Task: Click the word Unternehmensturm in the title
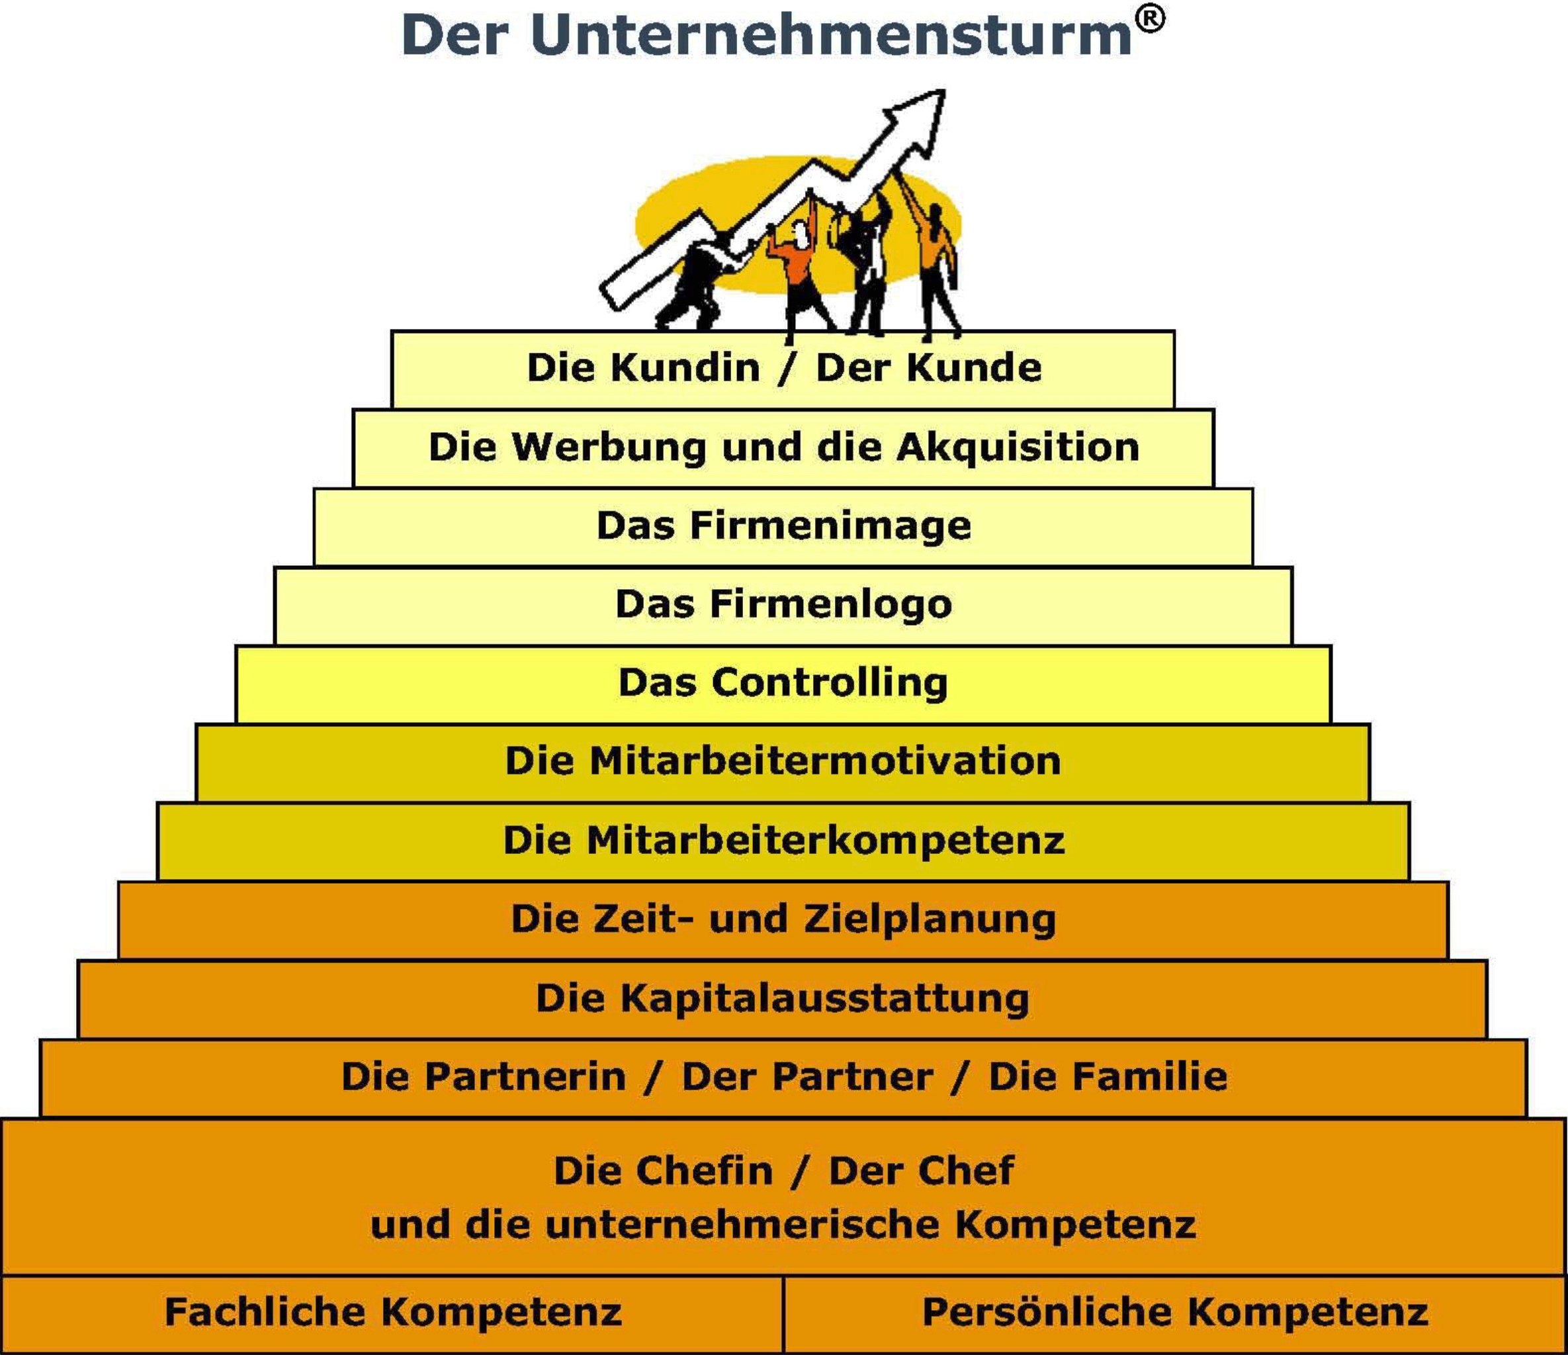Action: coord(831,35)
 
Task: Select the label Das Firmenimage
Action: coord(783,526)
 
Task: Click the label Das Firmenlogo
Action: coord(783,605)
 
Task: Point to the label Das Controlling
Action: coord(783,683)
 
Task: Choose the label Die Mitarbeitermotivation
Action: coord(783,761)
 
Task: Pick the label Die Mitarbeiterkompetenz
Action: coord(784,840)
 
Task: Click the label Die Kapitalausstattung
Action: coord(783,998)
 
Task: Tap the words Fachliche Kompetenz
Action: coord(394,1312)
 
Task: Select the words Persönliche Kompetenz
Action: coord(1175,1312)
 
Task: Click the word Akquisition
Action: coord(1018,447)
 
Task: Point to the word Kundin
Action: coord(685,368)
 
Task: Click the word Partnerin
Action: coord(525,1076)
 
